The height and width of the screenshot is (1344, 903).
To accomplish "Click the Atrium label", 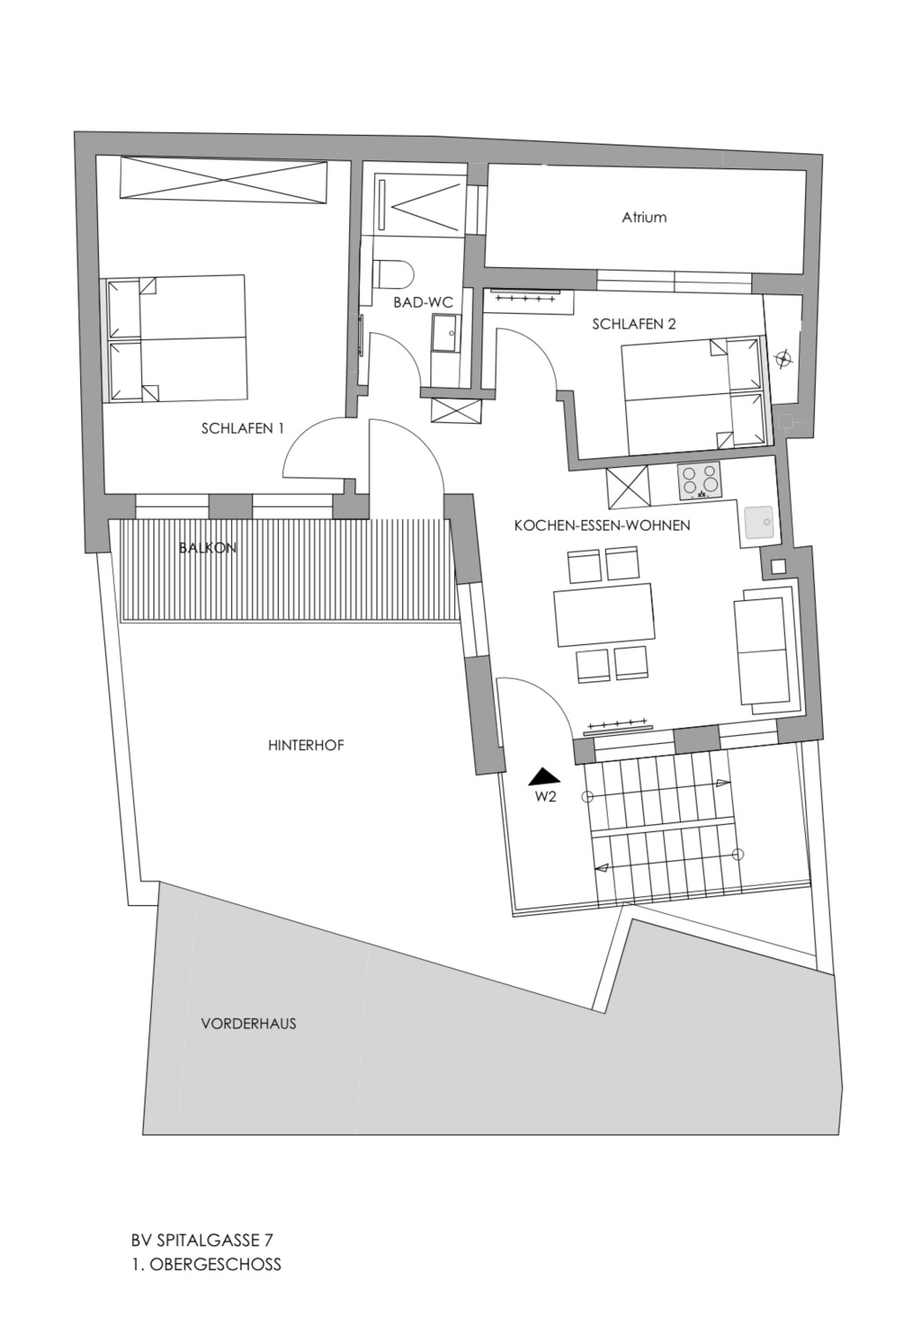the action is point(644,217).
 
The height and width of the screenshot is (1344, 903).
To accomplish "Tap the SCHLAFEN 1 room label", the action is point(243,428).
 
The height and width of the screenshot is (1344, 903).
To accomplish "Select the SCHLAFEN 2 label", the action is point(634,324).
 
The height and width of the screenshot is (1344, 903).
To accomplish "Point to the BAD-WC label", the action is point(422,303).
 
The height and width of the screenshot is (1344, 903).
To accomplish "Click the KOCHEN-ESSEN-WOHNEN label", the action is point(602,525).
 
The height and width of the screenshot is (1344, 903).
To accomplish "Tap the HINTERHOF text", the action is point(306,746).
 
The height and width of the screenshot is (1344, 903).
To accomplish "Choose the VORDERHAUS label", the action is point(249,1023).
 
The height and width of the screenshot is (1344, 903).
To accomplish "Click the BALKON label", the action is point(208,548).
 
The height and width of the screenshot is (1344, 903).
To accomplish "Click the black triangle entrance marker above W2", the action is point(544,777).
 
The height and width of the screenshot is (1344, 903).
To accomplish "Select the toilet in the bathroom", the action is point(394,274).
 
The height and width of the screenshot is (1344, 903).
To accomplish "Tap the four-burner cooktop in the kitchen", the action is point(699,480).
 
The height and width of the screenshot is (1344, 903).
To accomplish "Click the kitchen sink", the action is point(759,521).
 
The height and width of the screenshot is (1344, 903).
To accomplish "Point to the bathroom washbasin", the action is point(445,334).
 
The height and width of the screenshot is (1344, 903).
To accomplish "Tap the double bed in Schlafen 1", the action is point(176,338).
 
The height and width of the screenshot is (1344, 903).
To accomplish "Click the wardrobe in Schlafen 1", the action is point(225,180).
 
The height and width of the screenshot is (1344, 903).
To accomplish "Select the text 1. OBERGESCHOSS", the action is point(206,1264).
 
